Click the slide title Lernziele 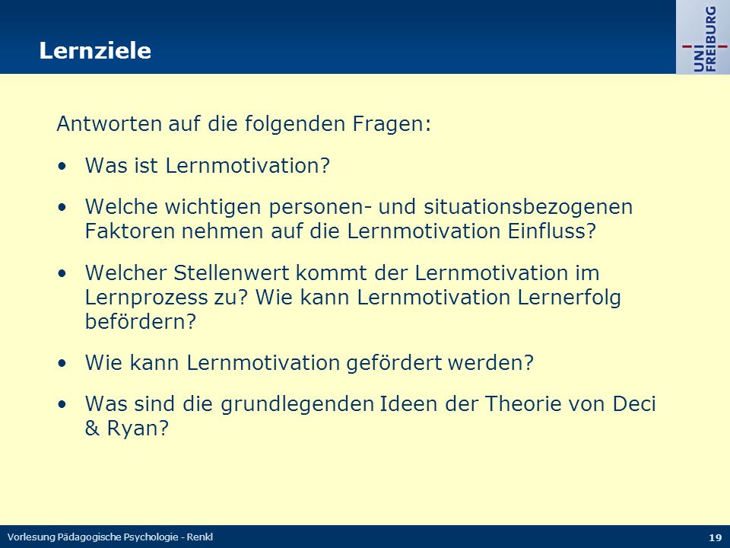coord(95,50)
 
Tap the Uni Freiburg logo coord(703,38)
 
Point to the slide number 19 coord(715,537)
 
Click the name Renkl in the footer coord(200,537)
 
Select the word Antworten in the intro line coord(109,124)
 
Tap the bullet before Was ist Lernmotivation coord(62,167)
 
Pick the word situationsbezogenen coord(528,207)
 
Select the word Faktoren coord(130,231)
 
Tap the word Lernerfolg coord(569,298)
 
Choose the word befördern coord(141,321)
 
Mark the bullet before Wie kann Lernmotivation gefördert coord(62,364)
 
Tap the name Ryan coord(138,429)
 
